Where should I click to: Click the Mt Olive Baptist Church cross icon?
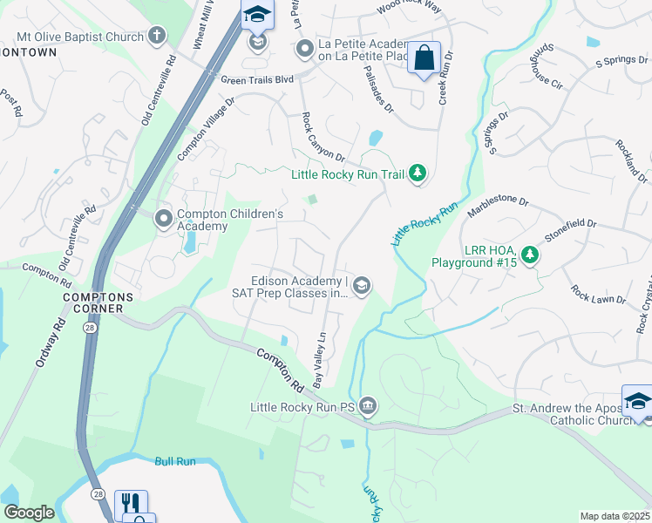pos(157,36)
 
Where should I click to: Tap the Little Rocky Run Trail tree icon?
pos(418,174)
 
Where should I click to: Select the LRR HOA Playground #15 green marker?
pos(529,255)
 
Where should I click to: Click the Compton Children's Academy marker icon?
pos(164,219)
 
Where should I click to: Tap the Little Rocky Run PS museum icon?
pos(369,406)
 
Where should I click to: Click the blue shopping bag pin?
pos(424,58)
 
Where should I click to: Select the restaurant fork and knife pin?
pos(131,504)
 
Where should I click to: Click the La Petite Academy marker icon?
pos(304,49)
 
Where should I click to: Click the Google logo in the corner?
pos(29,513)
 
